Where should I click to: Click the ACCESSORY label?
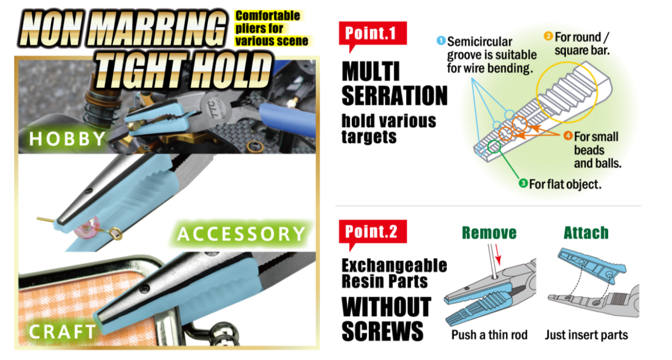tap(241, 233)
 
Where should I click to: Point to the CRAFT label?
tap(62, 331)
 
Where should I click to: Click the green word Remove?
tap(489, 233)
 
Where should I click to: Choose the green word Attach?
tap(585, 233)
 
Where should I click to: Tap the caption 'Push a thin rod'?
tap(489, 335)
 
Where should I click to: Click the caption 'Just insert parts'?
tap(586, 335)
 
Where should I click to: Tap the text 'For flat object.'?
tap(565, 184)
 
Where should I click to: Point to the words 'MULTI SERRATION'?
tap(394, 84)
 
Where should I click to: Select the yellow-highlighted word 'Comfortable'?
tap(267, 16)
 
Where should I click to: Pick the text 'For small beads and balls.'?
tap(597, 150)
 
